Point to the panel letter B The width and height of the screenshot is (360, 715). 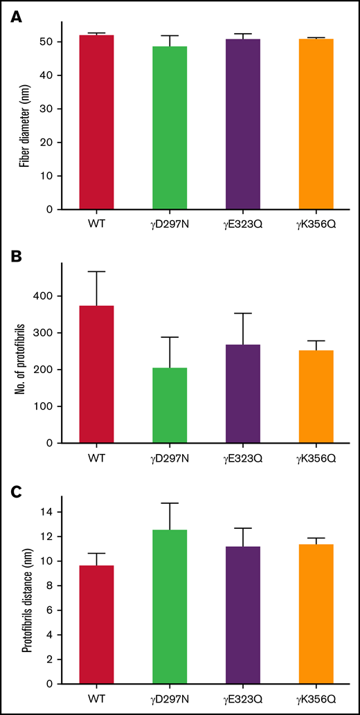(14, 254)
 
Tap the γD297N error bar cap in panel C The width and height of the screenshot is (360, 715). (170, 503)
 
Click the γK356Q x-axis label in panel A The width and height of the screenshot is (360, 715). (316, 224)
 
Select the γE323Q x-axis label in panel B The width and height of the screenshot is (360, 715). (242, 458)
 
